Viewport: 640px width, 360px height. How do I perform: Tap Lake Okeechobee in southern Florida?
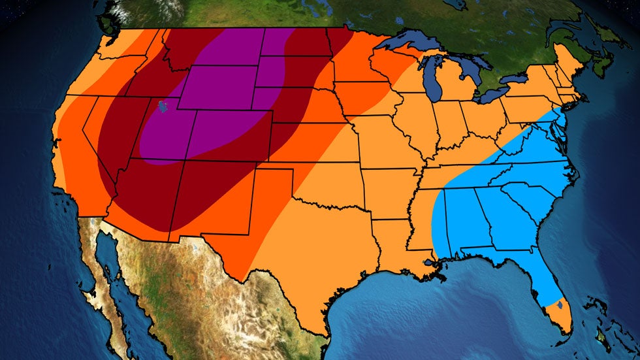point(561,304)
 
